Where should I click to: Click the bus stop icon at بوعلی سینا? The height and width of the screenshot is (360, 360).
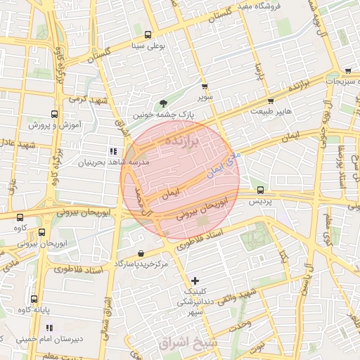tap(148, 34)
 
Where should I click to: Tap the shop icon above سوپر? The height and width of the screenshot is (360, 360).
tap(205, 86)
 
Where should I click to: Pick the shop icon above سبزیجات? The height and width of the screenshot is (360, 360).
tap(348, 71)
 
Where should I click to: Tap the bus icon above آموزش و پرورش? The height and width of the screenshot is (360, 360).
tap(55, 114)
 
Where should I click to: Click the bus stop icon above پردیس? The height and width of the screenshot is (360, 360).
tap(261, 190)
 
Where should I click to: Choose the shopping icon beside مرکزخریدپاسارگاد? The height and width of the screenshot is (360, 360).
tap(141, 253)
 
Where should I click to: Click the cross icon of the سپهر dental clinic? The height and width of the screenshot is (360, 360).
tap(195, 281)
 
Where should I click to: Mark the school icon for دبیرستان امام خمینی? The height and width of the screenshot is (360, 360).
tap(49, 328)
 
